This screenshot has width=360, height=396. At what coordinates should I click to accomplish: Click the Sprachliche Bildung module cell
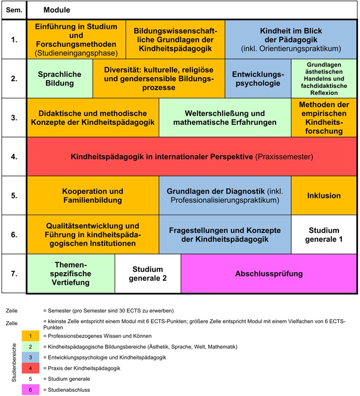[60, 79]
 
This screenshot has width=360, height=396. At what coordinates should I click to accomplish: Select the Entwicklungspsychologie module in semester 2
[258, 79]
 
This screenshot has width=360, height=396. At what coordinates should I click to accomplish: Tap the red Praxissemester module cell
[192, 157]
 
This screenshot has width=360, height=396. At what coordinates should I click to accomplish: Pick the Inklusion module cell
[324, 196]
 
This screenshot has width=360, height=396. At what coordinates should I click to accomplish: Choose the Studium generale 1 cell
[324, 235]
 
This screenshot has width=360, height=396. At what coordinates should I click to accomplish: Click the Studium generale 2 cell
[148, 274]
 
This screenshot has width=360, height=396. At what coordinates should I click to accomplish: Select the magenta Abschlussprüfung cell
[269, 274]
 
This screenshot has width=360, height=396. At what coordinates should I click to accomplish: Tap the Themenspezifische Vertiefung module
[71, 274]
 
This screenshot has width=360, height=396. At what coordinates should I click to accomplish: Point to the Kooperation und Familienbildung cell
[93, 196]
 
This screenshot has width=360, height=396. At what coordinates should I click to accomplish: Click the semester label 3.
[14, 118]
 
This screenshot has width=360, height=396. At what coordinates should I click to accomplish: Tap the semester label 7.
[14, 274]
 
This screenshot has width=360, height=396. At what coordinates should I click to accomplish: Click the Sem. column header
[14, 10]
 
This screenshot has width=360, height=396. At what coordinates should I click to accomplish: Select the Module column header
[57, 10]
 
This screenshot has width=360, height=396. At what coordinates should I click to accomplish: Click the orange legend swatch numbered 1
[30, 336]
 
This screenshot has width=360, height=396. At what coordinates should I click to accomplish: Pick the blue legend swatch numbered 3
[30, 357]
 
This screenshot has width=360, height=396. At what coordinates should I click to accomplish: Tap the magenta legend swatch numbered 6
[30, 390]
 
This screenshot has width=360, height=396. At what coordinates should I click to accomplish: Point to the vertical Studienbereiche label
[14, 363]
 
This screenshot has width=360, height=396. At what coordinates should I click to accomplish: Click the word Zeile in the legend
[12, 311]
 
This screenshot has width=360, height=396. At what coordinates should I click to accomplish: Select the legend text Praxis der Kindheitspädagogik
[84, 368]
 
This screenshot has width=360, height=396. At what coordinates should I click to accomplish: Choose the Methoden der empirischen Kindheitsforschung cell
[324, 118]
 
